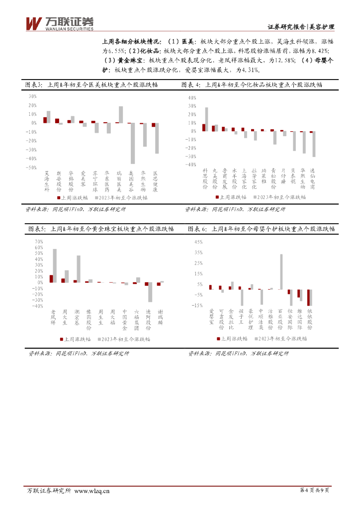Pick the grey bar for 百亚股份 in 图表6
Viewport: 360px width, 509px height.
pos(281,271)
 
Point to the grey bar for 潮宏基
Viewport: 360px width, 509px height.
pos(79,269)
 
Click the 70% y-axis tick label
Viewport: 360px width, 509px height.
pos(39,242)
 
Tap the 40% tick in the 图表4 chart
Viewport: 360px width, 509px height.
pos(192,97)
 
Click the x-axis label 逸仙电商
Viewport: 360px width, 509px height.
pos(312,178)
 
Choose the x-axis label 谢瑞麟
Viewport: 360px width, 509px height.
pos(160,317)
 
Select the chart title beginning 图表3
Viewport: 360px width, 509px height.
pos(92,85)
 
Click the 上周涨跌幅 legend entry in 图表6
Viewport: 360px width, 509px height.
pos(232,339)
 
